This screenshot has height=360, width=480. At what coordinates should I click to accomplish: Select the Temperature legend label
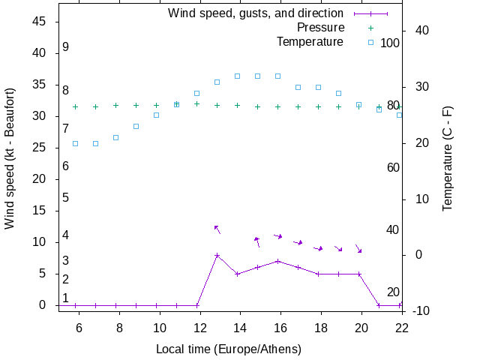point(310,41)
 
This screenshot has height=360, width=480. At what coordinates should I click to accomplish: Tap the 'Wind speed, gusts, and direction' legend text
point(255,13)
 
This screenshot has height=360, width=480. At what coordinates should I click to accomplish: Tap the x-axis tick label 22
point(401,327)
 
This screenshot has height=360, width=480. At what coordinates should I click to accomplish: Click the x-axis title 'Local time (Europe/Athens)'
point(229,349)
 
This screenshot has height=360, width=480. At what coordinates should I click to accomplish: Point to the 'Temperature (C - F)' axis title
point(448,158)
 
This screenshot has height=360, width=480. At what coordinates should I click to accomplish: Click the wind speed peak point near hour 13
point(217,255)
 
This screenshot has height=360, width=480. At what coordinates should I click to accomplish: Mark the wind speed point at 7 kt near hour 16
point(277,261)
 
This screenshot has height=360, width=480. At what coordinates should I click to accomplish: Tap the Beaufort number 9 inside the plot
point(66,47)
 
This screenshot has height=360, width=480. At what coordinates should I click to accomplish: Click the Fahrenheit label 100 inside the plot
point(390,43)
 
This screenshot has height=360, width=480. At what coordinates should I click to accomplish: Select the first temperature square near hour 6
point(75,142)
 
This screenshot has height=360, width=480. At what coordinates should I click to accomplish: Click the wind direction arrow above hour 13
point(217,229)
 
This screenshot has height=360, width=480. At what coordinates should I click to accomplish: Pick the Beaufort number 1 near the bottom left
point(66,298)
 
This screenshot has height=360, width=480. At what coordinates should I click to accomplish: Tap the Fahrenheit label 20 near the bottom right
point(393,292)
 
